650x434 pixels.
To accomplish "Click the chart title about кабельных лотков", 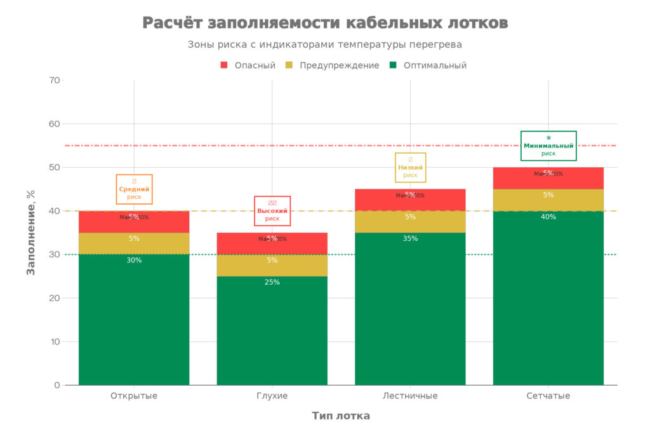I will [x=325, y=23].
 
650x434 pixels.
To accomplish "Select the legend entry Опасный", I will [x=248, y=65].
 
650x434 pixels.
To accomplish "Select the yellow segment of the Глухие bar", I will [x=272, y=266].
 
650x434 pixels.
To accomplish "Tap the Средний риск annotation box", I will [x=134, y=189].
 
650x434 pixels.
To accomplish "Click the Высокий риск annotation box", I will [x=272, y=211].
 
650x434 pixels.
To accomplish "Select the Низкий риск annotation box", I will [x=410, y=168].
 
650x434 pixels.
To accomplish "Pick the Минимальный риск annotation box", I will [x=548, y=146].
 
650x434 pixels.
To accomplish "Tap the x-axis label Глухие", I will [x=272, y=396].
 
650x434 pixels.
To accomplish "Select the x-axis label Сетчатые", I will [x=548, y=396].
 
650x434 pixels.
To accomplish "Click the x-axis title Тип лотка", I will [x=341, y=416].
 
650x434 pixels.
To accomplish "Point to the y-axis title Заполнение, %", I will [x=30, y=232].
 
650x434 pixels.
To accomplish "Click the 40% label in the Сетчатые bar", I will [x=548, y=217].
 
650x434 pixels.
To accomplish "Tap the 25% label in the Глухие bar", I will [x=272, y=282].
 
